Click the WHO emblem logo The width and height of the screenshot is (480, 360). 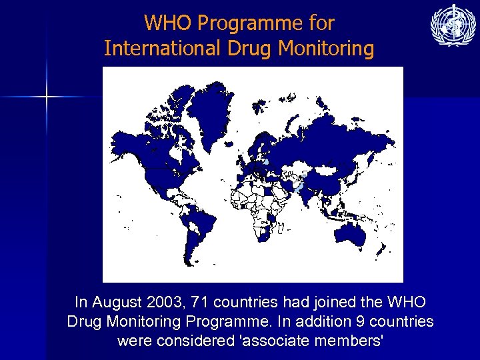click(x=453, y=26)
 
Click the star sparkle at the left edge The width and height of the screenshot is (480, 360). click(x=47, y=97)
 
